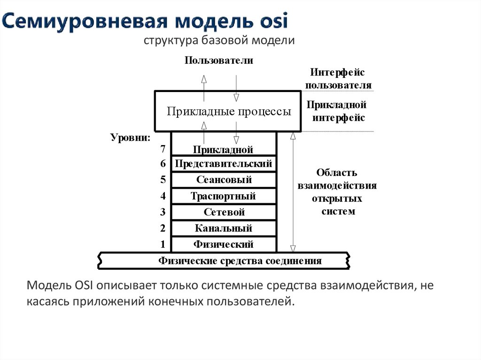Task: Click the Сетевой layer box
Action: coord(224,212)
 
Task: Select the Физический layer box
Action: coord(223,244)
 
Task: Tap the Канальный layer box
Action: coord(224,229)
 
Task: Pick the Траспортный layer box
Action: coord(223,196)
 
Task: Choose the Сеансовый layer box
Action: coord(224,179)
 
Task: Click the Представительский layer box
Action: coord(224,164)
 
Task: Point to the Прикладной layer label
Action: coord(223,150)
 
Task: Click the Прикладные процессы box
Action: coord(228,112)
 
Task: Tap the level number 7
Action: coord(163,149)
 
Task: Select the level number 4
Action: coord(163,195)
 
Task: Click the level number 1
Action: coord(163,244)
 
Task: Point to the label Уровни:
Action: coord(131,138)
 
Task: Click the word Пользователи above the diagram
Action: coord(218,60)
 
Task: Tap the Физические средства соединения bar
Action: coord(224,261)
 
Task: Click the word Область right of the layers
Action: coord(337,173)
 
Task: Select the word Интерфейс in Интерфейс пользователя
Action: coord(338,73)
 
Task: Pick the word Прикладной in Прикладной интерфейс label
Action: coord(336,105)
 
